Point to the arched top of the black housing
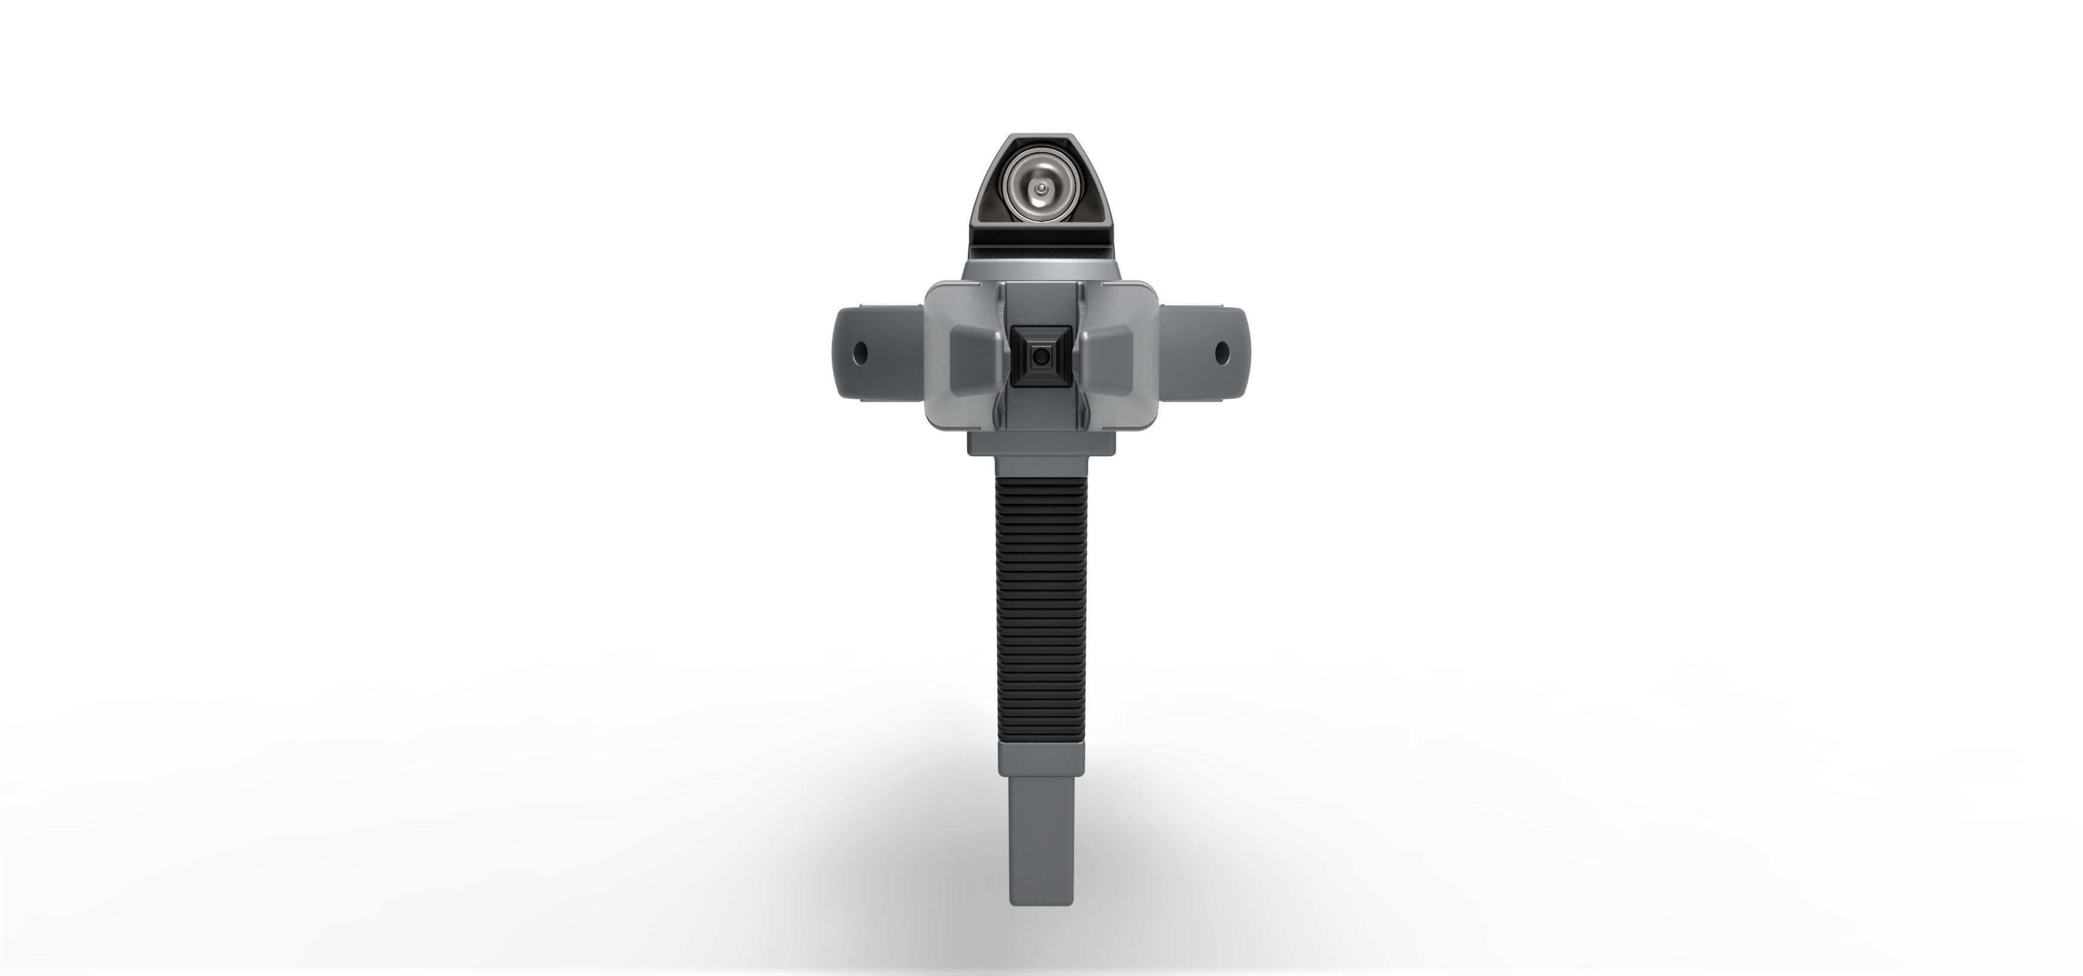point(1041,143)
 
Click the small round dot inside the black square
point(1041,355)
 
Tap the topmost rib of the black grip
point(1041,479)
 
